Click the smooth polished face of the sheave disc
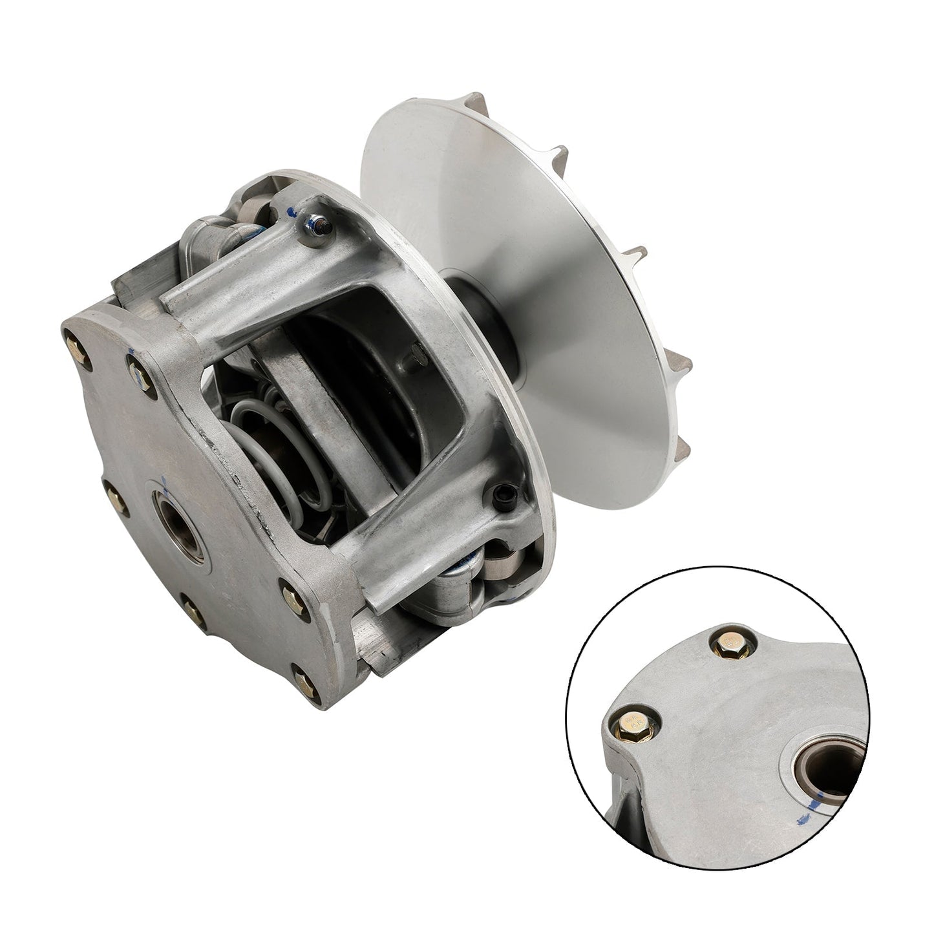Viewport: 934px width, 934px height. tap(530, 259)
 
